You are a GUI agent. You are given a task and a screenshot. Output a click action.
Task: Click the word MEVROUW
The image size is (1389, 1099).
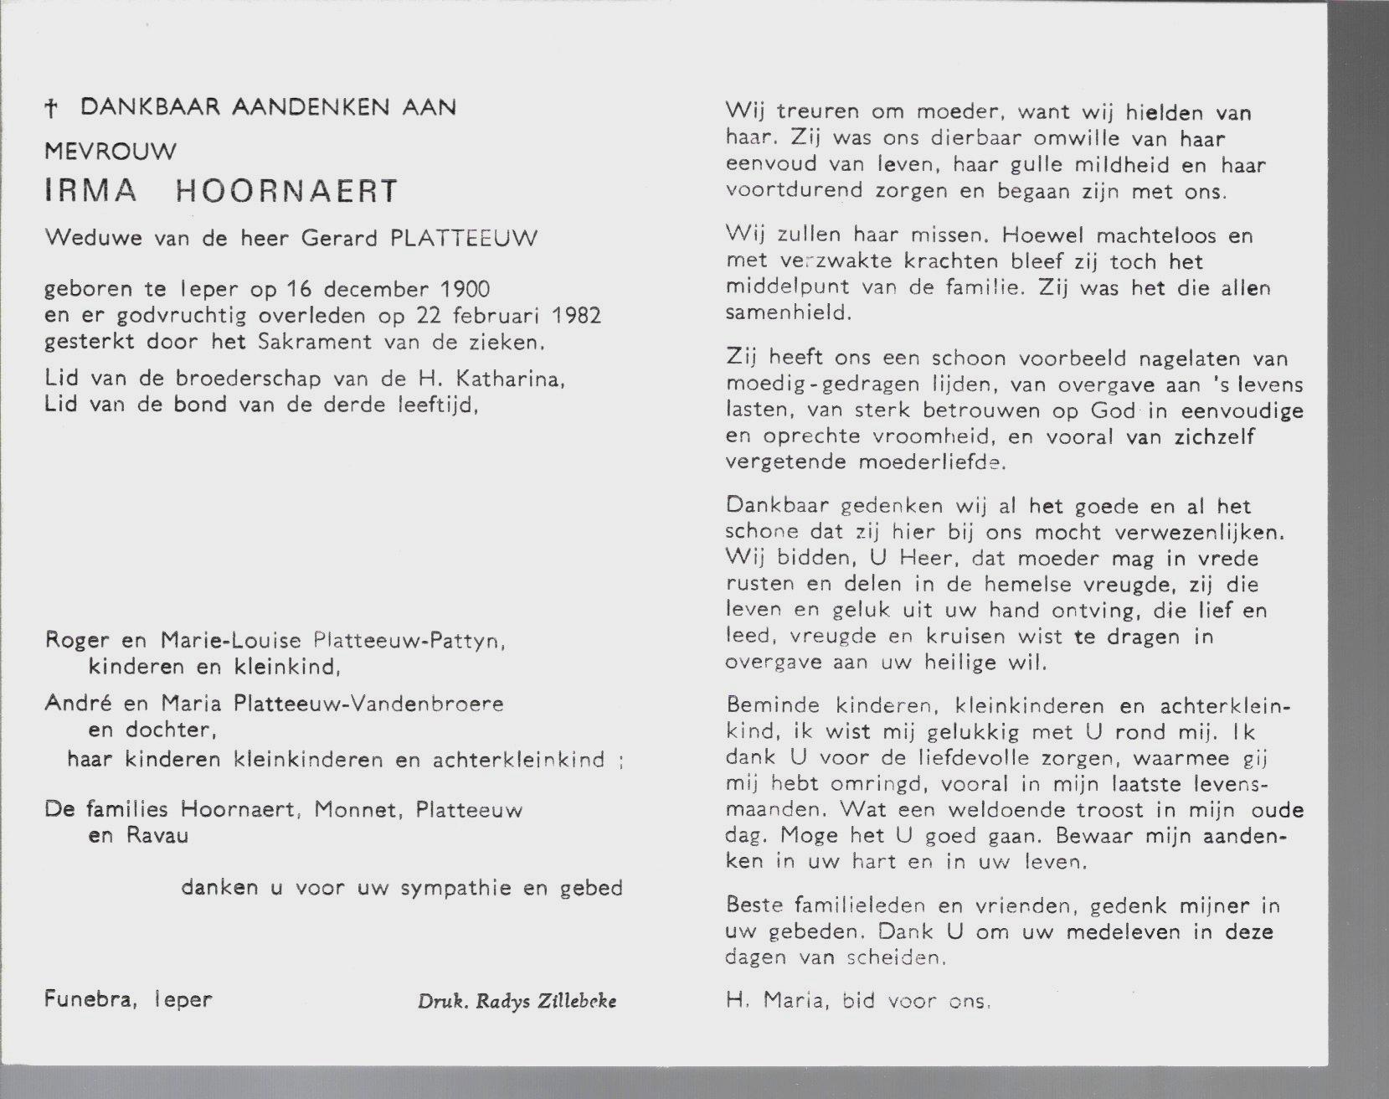click(111, 152)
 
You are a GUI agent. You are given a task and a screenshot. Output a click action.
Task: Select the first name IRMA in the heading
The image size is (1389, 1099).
click(91, 191)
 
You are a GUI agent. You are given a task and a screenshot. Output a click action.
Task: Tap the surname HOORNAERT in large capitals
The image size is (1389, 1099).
click(286, 191)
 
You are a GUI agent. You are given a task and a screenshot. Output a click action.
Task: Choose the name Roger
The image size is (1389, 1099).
click(77, 641)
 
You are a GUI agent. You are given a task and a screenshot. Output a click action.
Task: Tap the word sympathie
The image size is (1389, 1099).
click(455, 888)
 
